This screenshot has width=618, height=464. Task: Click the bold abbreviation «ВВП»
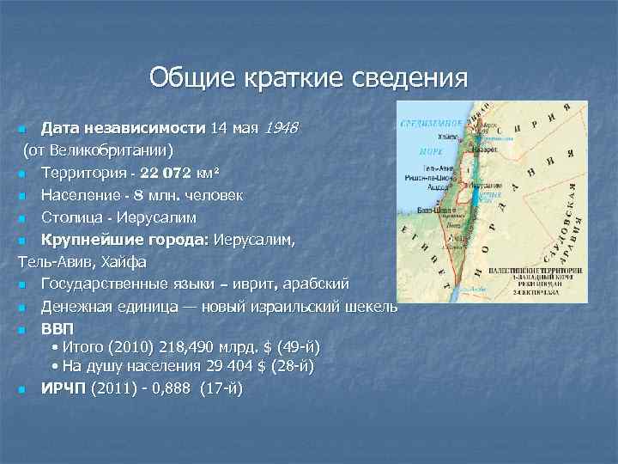coord(58,329)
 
